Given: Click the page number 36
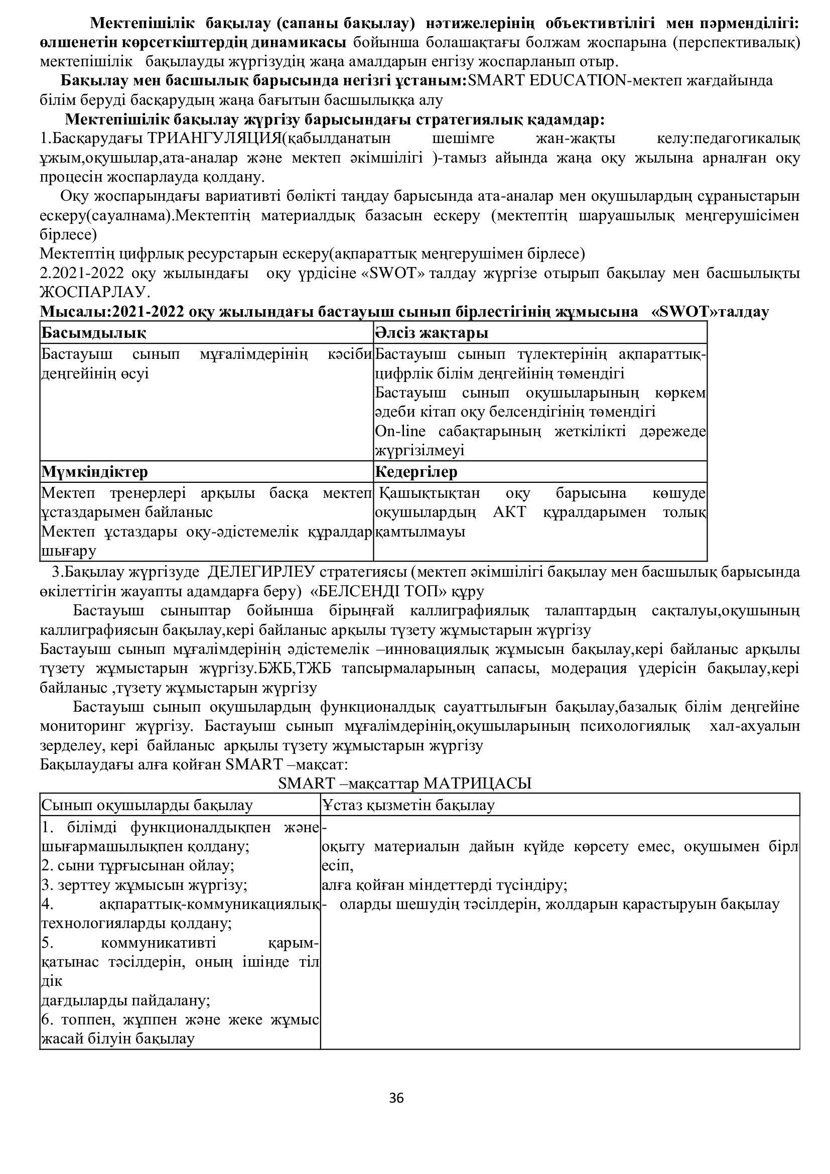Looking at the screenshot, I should (396, 1098).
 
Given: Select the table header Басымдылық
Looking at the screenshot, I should (93, 333).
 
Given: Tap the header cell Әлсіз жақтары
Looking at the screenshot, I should (432, 333).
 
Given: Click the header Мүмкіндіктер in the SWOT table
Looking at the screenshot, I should (94, 471).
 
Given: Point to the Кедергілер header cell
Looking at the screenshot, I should (416, 471).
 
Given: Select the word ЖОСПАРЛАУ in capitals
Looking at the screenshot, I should (94, 292).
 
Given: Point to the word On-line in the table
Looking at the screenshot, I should (400, 431).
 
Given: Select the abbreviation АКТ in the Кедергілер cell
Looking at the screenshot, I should (509, 512).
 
